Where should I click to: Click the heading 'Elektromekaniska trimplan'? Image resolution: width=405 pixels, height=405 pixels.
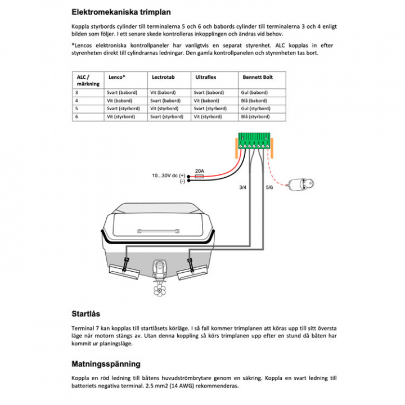[121, 11]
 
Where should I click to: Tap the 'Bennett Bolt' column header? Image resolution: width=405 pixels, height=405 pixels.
[257, 76]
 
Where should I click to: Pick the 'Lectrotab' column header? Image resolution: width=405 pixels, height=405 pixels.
[163, 76]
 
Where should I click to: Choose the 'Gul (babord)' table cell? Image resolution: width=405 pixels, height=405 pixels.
[254, 92]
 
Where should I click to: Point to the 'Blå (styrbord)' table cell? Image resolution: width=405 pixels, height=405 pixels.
[255, 116]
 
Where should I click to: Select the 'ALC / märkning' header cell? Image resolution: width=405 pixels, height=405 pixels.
[87, 80]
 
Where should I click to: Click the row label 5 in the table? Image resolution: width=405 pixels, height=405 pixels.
[76, 109]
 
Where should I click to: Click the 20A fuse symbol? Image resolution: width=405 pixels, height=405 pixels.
[199, 176]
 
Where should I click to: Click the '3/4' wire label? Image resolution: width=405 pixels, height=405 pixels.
[242, 187]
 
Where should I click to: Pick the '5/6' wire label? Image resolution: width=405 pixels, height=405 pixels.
[269, 187]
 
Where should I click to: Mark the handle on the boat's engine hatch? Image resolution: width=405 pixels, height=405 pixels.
[158, 232]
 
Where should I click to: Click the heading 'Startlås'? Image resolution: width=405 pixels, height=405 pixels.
[85, 314]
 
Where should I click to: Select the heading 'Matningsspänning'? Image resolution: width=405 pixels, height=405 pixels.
[106, 364]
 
